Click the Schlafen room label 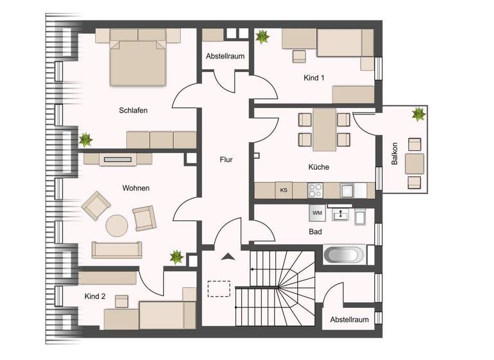pos(133,111)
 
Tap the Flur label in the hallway pos(226,159)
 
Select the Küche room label pos(318,167)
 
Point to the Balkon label pos(395,154)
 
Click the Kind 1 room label pos(314,78)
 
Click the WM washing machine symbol pos(316,212)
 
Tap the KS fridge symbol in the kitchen pos(283,190)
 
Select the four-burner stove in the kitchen pos(315,190)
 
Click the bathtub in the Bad pos(345,255)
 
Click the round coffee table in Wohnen pos(118,226)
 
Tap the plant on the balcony pos(419,114)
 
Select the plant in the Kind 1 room pos(262,37)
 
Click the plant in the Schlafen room pos(85,139)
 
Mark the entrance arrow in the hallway pos(226,257)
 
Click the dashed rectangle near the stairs pos(219,289)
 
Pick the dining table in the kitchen pos(324,129)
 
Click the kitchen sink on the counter pos(347,190)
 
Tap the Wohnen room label pos(136,188)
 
